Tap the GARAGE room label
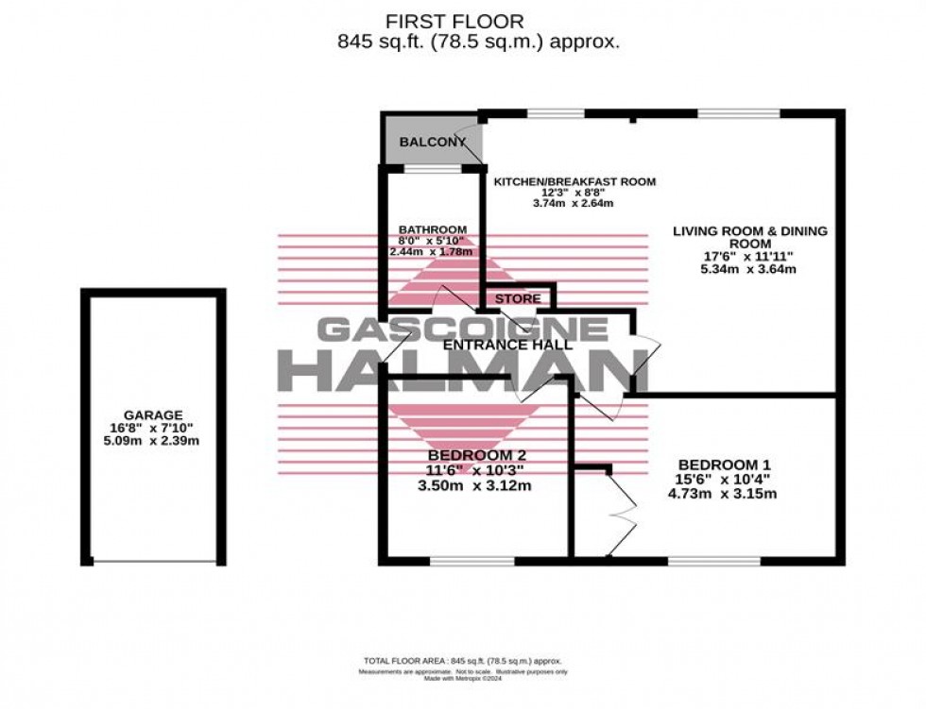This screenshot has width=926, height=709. click(x=152, y=414)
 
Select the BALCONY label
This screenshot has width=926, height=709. click(x=433, y=143)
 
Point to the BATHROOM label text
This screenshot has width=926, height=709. click(x=433, y=229)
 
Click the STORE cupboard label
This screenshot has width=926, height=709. click(x=519, y=299)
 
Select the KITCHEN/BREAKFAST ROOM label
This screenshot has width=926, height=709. click(x=574, y=182)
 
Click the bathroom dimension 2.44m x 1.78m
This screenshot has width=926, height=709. click(x=433, y=253)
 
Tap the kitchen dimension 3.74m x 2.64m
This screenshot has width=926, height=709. click(x=574, y=203)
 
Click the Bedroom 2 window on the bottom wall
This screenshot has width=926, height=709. click(x=472, y=561)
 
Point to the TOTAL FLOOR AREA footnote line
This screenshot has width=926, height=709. click(x=462, y=661)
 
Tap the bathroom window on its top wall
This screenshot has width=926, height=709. click(x=432, y=169)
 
